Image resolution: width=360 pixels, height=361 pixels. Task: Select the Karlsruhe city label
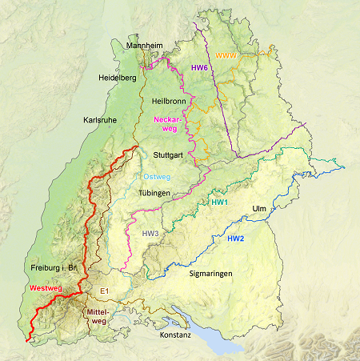(101, 120)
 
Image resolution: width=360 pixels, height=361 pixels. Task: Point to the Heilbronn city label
(169, 102)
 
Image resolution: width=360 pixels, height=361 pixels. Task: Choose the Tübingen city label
(154, 194)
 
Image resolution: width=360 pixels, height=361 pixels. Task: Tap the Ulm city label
(259, 209)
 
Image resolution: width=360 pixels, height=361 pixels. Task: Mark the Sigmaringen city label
(211, 274)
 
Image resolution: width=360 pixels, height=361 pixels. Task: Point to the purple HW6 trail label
(199, 68)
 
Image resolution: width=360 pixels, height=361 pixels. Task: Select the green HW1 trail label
(220, 203)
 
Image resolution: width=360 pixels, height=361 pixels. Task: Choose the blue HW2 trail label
(236, 239)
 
